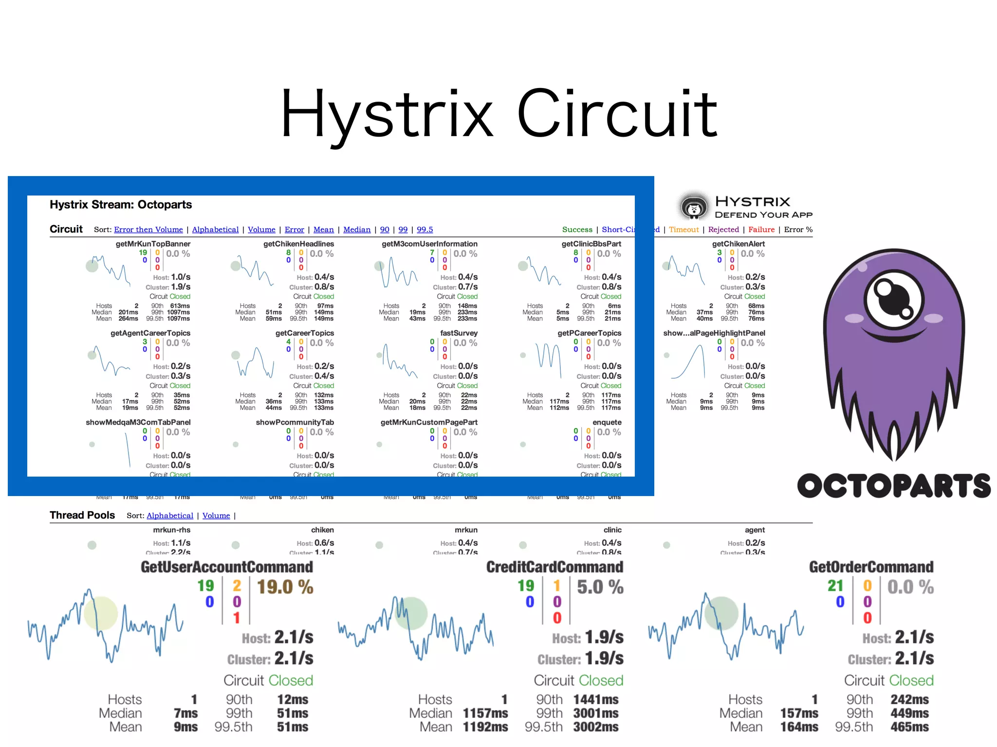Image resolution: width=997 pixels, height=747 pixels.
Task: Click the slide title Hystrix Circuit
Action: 498,114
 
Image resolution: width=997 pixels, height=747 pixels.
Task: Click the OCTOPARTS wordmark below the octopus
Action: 894,486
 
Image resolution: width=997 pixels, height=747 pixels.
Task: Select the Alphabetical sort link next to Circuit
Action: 215,230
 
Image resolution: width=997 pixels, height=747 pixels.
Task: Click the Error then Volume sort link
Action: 148,230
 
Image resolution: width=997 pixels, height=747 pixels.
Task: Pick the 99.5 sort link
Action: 425,230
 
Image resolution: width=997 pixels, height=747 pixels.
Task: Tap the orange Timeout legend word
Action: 683,230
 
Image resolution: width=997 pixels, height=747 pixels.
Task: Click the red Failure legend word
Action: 761,230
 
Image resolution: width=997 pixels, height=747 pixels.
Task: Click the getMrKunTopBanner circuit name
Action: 153,244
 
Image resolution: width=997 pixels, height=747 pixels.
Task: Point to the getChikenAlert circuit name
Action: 738,244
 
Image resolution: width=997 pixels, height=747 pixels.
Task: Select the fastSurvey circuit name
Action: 459,333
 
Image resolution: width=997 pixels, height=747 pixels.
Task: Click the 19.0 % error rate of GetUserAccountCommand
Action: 285,587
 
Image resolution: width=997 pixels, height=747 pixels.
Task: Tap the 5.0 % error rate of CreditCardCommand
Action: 600,587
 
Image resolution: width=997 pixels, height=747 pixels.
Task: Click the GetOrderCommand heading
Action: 871,567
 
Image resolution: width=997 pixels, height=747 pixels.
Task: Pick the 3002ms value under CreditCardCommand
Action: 595,727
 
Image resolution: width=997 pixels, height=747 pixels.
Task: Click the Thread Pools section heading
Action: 82,515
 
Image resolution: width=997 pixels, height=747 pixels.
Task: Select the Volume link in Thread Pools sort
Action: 216,516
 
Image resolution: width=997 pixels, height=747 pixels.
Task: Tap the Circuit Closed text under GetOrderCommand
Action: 888,680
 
